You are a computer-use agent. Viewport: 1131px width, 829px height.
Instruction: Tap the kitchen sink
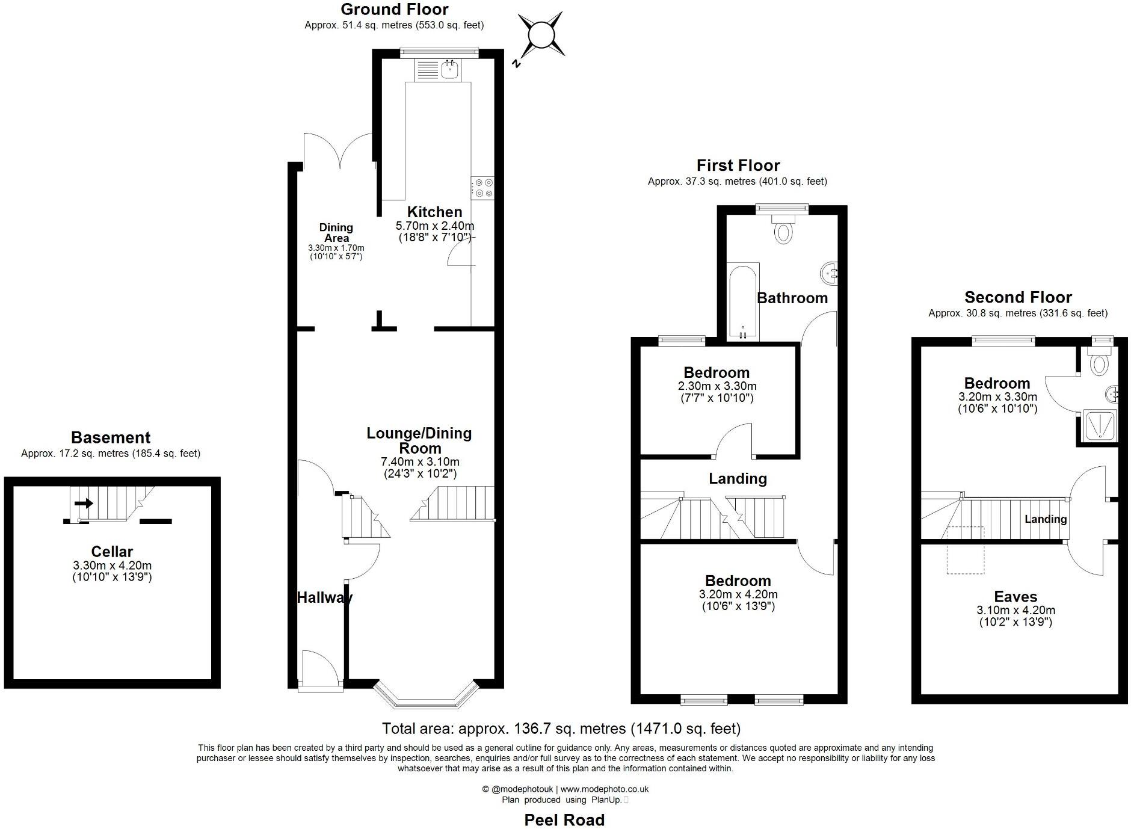click(449, 70)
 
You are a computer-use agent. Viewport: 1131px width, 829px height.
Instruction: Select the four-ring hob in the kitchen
click(482, 187)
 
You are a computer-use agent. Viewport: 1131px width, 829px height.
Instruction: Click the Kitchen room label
click(434, 212)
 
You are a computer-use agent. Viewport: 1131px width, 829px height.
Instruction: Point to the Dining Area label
click(336, 232)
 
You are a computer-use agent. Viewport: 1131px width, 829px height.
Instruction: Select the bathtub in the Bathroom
click(743, 301)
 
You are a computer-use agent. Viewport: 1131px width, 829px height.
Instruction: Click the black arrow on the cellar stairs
click(84, 503)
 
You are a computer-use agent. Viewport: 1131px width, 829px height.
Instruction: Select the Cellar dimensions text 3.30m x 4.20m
click(112, 566)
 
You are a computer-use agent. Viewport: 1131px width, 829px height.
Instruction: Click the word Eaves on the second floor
click(1015, 597)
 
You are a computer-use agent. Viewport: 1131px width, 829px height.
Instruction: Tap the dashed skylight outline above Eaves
click(966, 550)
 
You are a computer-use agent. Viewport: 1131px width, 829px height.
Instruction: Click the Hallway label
click(324, 597)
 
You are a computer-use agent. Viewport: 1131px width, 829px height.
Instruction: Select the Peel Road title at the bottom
click(564, 820)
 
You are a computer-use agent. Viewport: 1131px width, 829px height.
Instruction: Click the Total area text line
click(561, 729)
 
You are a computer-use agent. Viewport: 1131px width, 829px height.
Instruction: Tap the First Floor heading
click(738, 165)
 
